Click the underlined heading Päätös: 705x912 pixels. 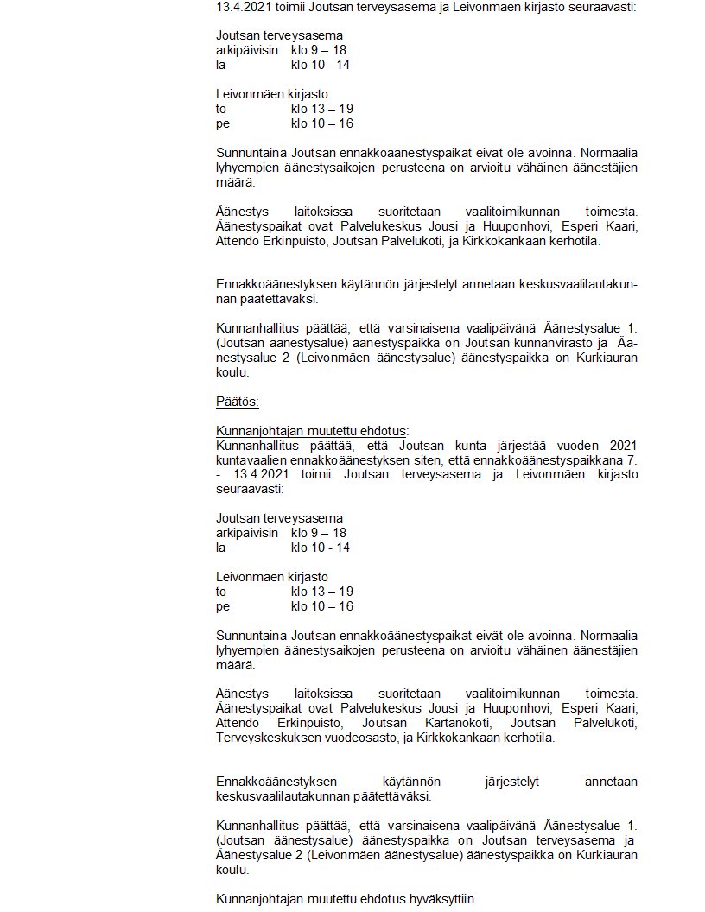(x=238, y=402)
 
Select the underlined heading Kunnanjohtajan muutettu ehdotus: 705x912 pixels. (x=312, y=431)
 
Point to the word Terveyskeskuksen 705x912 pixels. (x=264, y=738)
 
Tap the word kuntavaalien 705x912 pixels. (x=249, y=460)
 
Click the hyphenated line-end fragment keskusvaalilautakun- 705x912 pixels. (x=571, y=283)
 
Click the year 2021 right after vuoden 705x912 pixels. (x=622, y=446)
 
